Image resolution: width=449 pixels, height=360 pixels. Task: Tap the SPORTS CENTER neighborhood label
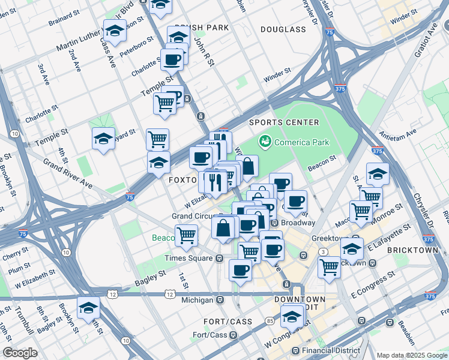[285, 122]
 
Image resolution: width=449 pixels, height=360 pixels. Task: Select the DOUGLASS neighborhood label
[283, 29]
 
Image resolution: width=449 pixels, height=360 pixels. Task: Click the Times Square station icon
[220, 258]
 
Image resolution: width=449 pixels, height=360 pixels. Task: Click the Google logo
[20, 353]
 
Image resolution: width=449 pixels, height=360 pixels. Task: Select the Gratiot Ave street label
[425, 41]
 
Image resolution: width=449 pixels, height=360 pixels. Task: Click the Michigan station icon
[220, 299]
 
